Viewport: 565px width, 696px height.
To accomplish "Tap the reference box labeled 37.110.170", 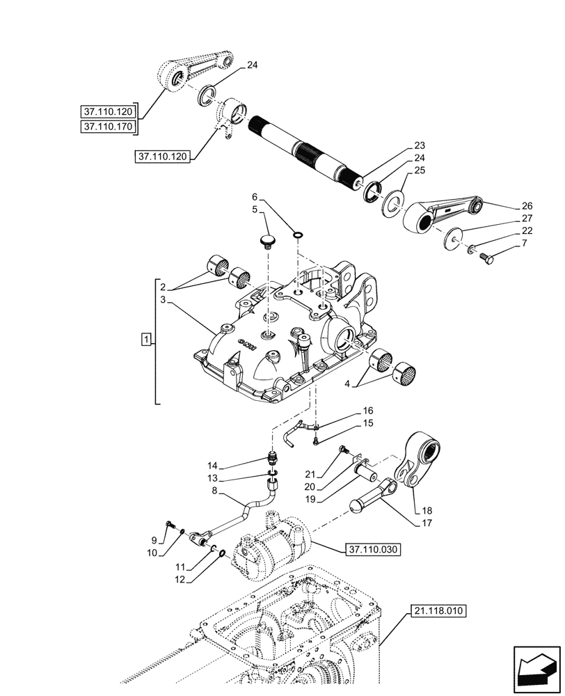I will (x=109, y=127).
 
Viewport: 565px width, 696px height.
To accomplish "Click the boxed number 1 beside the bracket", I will (x=145, y=340).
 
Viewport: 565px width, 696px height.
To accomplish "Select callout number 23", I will (x=418, y=145).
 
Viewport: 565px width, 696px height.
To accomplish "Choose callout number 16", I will (x=367, y=411).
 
